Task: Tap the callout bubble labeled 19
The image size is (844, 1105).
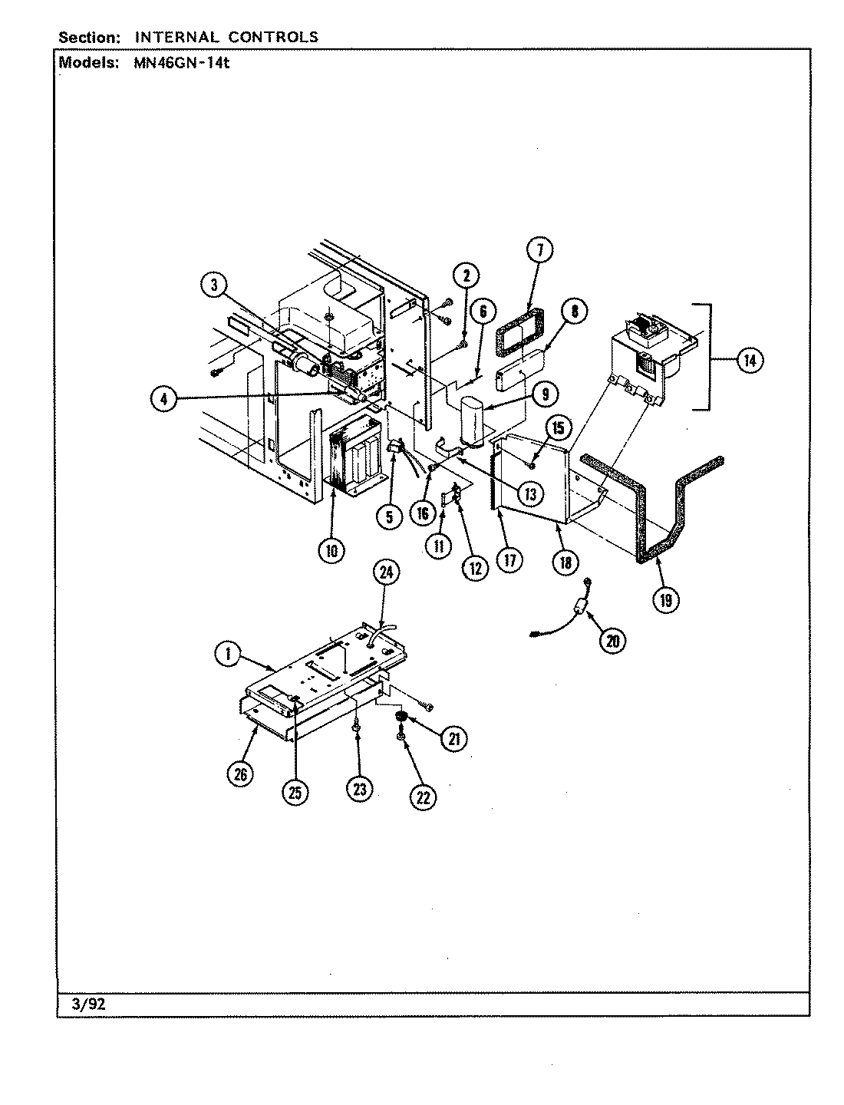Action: tap(664, 600)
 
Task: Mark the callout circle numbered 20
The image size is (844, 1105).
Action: tap(612, 640)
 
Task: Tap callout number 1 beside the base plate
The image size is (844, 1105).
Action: tap(226, 655)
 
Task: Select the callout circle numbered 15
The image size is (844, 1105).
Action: tap(559, 427)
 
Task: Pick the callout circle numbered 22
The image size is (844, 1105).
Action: tap(423, 797)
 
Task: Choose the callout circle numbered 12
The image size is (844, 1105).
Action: tap(475, 568)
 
